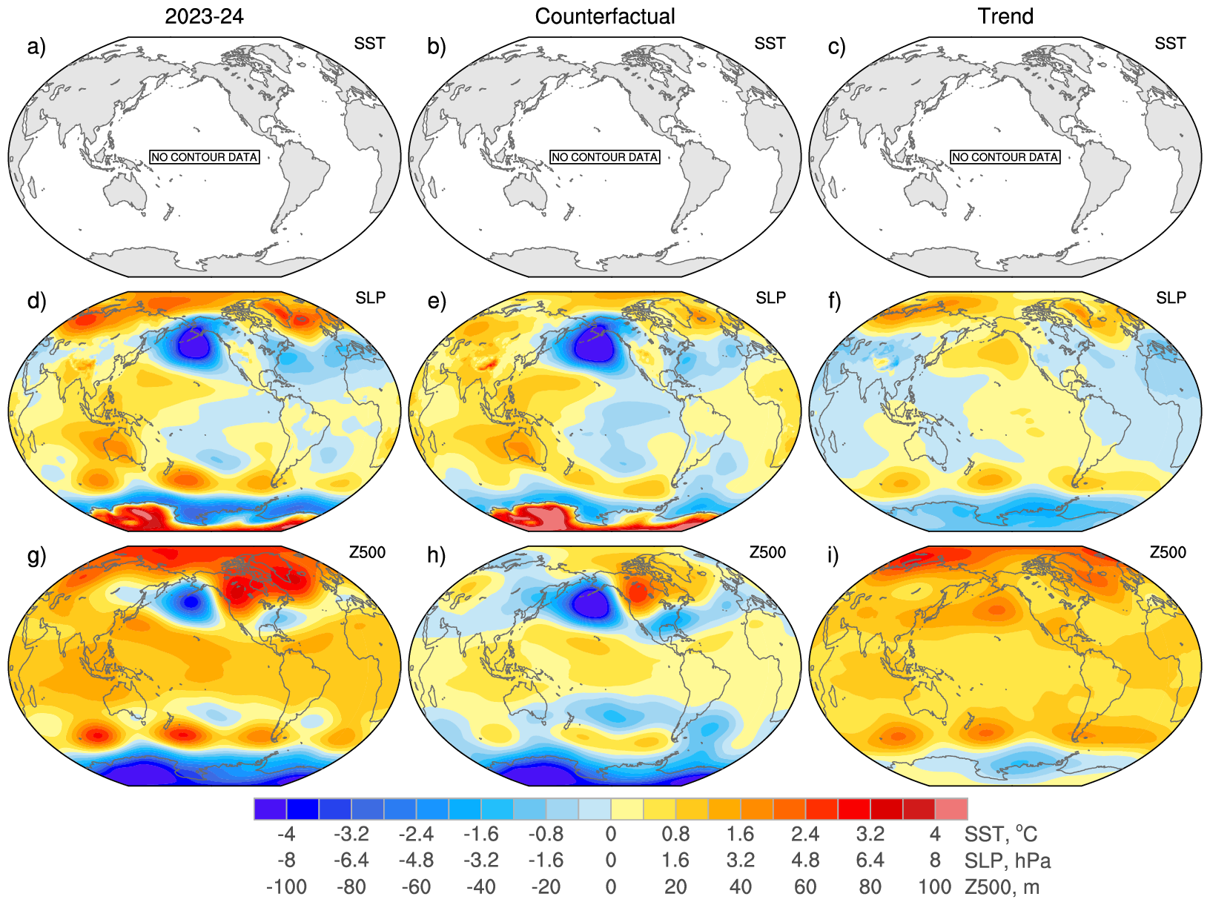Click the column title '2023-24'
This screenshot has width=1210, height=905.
204,16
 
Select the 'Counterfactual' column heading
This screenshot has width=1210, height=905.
605,16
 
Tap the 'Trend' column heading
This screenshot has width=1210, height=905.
1005,16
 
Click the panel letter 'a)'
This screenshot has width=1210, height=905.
36,47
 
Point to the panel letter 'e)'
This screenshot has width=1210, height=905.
437,301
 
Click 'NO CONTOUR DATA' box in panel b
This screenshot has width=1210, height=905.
605,157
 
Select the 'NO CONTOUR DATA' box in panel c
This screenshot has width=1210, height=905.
1005,157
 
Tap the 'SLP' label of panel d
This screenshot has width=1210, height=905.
370,298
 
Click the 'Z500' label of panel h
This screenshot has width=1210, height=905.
767,552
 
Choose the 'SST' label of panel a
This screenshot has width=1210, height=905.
369,44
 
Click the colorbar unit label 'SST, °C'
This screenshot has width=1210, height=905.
1000,835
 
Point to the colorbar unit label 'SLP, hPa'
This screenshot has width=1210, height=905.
1008,861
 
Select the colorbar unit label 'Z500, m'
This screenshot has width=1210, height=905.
1002,886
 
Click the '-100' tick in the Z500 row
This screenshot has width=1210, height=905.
286,886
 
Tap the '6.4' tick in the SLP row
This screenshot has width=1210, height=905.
870,861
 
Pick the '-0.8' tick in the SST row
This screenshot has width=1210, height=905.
546,835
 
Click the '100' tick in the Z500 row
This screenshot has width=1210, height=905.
935,886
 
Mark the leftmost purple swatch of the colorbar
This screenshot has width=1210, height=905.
270,809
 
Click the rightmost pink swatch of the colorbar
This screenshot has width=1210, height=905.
951,809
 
